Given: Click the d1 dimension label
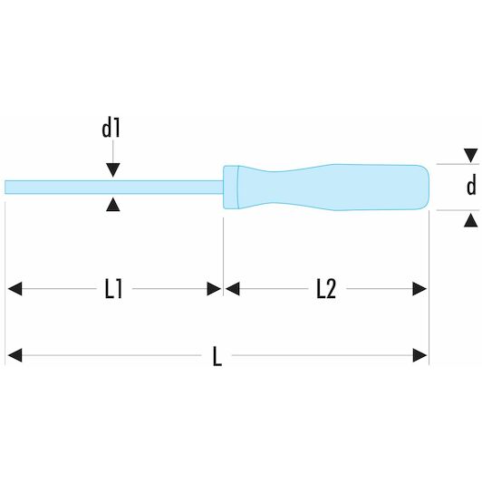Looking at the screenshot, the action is (111, 129).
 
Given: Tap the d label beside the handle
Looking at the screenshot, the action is (471, 186).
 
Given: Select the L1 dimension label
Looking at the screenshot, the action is (114, 289).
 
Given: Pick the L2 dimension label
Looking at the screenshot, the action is (326, 289).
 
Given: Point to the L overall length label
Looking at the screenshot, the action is (217, 356).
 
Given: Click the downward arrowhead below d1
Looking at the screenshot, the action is (113, 170).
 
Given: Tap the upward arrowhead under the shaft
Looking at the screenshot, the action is (113, 205).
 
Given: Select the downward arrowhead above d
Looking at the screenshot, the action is (471, 156).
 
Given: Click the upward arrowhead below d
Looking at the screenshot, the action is (471, 221).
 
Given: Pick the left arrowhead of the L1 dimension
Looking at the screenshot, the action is (14, 289).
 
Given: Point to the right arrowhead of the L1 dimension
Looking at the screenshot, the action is (214, 289).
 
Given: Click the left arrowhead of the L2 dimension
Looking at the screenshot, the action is (232, 289).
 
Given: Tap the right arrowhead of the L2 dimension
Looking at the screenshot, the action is (419, 289).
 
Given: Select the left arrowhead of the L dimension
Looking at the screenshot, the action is (14, 355).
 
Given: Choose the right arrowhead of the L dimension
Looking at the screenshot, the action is (419, 355).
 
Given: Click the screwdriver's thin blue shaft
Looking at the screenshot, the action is (114, 188).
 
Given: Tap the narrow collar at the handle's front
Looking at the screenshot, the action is (230, 188).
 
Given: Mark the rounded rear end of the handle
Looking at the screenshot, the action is (423, 188).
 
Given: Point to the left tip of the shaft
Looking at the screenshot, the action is (5, 188).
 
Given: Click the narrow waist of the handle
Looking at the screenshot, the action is (272, 188).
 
